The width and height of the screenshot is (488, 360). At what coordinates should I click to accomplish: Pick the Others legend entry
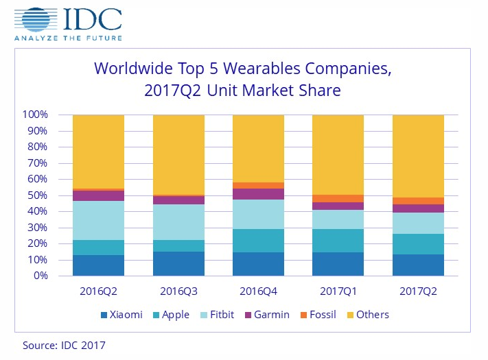pos(368,315)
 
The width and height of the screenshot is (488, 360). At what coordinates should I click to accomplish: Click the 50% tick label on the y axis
pos(37,195)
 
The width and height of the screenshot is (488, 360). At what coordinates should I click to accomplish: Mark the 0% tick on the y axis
pos(40,276)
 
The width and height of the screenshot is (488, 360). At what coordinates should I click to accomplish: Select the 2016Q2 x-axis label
pos(98,291)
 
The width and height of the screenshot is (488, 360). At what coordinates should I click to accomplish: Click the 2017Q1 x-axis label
pos(338,291)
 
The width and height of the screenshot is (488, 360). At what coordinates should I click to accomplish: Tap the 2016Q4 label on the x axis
pos(258,291)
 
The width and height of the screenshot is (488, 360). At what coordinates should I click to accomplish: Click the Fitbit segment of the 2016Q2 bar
pos(98,220)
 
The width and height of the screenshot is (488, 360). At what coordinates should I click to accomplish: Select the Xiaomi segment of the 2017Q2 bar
pos(418,265)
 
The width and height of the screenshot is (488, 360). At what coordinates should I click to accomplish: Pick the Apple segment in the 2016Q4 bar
pos(258,241)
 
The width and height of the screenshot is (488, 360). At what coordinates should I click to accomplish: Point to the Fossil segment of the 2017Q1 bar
pos(338,199)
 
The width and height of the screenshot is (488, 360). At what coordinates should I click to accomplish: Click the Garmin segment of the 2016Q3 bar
pos(178,200)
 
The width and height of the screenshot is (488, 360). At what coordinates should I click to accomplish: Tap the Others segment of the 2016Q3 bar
pos(178,154)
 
